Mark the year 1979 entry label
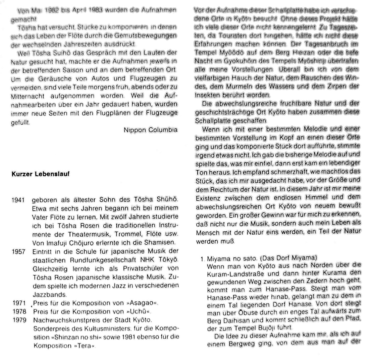click(x=18, y=319)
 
